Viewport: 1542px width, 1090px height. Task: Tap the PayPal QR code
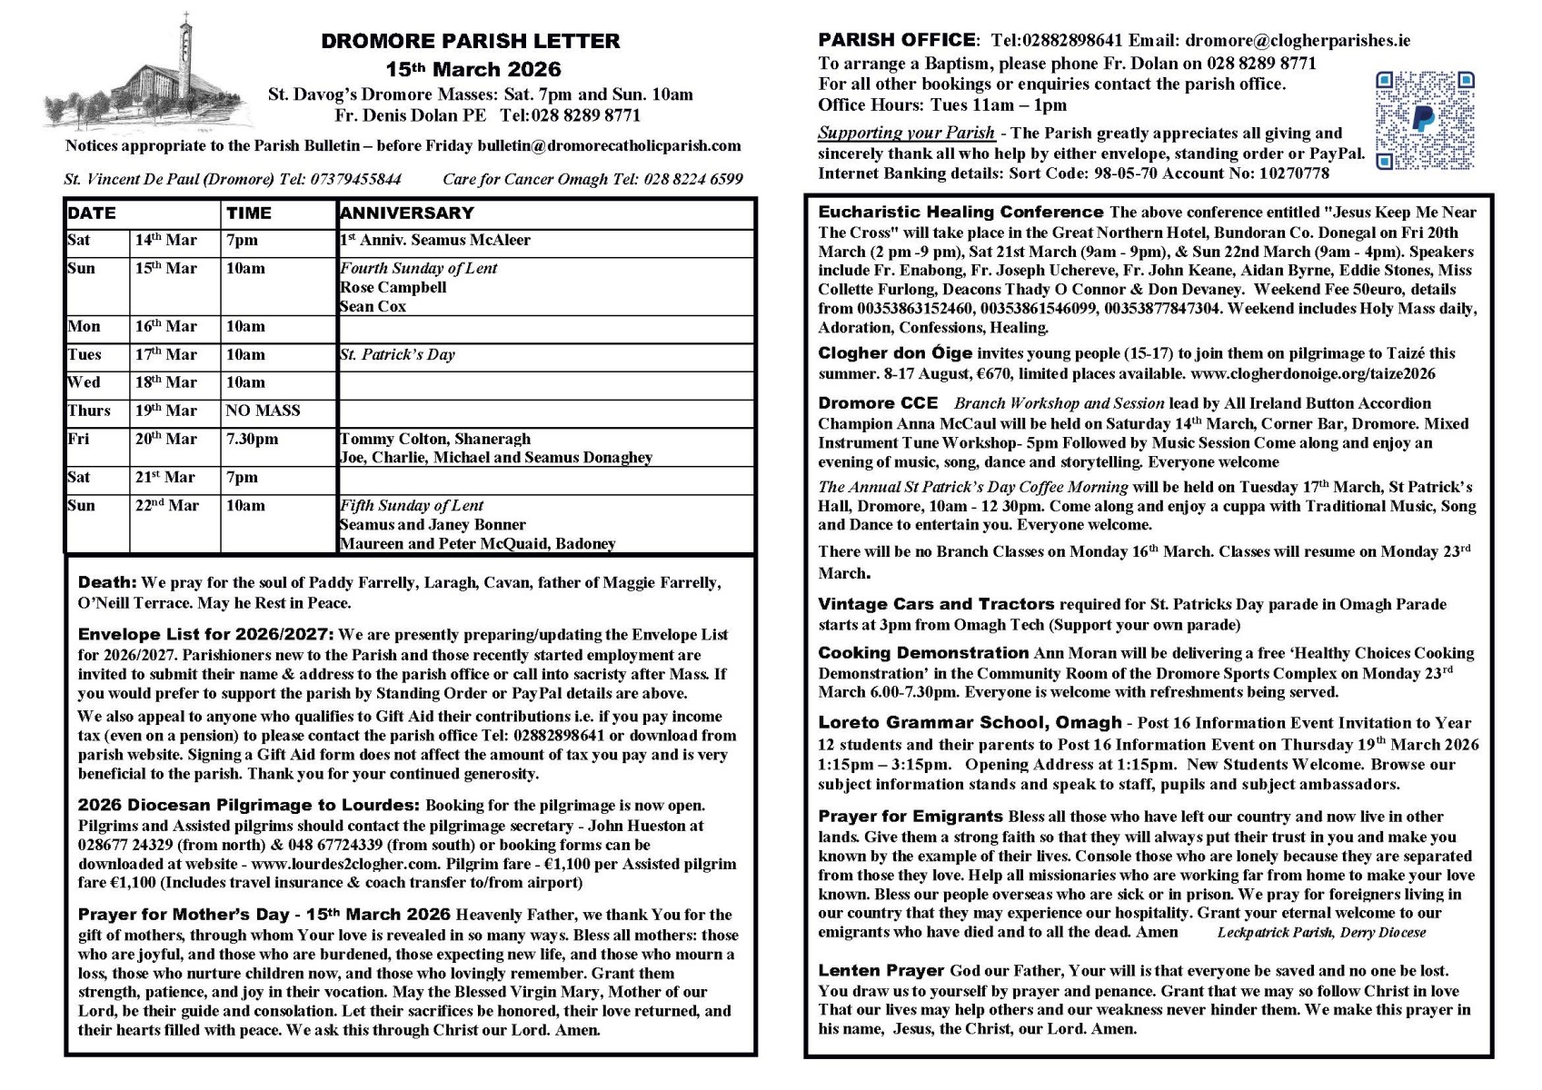[x=1424, y=121]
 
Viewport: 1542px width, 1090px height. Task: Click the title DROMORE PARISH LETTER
[x=471, y=41]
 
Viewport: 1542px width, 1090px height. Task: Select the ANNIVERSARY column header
[x=406, y=213]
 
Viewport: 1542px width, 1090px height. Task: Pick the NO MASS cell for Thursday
[x=263, y=411]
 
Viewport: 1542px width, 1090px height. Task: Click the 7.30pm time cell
[x=253, y=439]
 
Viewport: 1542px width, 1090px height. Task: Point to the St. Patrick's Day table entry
[x=397, y=354]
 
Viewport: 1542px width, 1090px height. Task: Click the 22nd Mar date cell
[x=167, y=505]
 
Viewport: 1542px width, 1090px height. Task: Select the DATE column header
[x=92, y=213]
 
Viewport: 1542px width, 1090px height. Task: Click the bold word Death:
[x=107, y=582]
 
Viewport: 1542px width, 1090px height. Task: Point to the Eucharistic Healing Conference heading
[x=960, y=212]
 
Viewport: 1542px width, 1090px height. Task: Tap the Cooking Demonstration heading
[x=923, y=652]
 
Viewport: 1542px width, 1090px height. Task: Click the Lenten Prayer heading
[x=881, y=971]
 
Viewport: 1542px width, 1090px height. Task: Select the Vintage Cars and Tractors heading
[x=936, y=604]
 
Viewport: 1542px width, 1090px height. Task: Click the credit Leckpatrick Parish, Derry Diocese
[x=1321, y=932]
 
